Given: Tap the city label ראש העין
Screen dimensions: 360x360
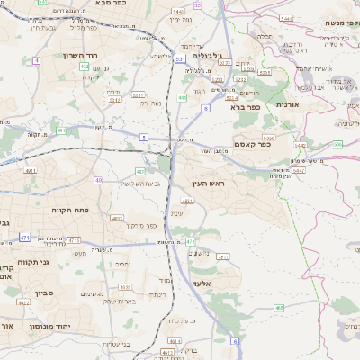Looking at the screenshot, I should (206, 184).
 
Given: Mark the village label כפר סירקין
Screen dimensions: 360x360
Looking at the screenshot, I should (143, 226).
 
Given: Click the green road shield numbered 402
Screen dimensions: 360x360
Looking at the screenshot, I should (84, 66).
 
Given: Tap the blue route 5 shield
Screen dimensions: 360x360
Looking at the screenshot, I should (144, 137).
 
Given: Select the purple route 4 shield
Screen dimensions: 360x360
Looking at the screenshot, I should (37, 60).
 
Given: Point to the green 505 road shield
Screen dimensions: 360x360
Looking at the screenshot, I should (337, 143).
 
